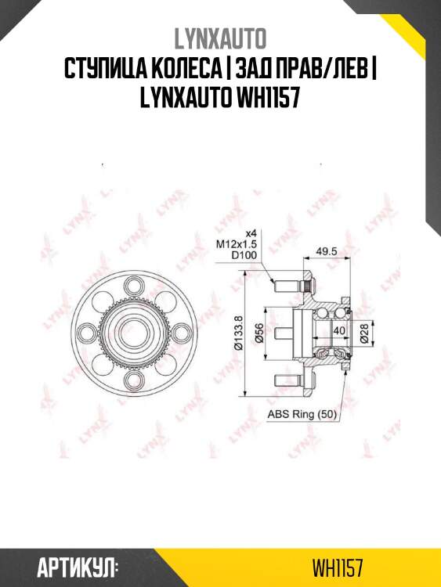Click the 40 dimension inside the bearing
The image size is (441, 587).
point(339,331)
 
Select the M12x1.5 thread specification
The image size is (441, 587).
point(236,244)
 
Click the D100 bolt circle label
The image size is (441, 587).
point(243,255)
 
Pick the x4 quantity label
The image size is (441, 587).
point(251,233)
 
